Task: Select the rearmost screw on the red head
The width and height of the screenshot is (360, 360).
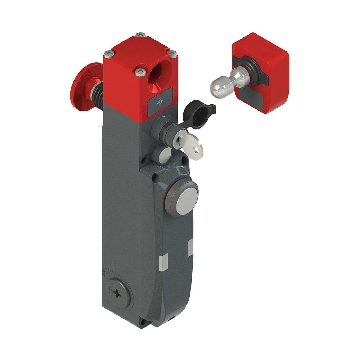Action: tap(140, 35)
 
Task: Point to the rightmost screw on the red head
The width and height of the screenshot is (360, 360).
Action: tap(173, 54)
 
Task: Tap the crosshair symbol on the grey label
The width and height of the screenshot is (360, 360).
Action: tap(159, 103)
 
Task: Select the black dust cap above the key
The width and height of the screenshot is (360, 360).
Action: tap(196, 116)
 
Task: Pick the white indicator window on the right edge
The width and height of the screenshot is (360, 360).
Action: tap(190, 247)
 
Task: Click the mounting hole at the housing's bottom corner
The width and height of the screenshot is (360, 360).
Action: tap(143, 321)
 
